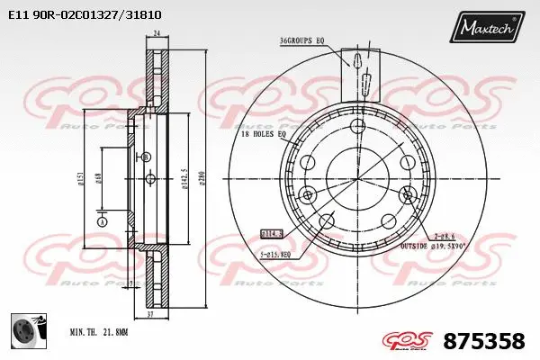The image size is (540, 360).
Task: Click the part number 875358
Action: click(485, 341)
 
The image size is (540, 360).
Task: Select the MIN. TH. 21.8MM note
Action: click(100, 333)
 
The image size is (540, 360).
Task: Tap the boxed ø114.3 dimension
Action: click(271, 233)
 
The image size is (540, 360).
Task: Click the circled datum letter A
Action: click(102, 221)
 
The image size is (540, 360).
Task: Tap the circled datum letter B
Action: click(145, 157)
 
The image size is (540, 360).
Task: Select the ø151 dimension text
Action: click(82, 179)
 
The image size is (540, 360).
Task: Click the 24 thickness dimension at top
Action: click(157, 34)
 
